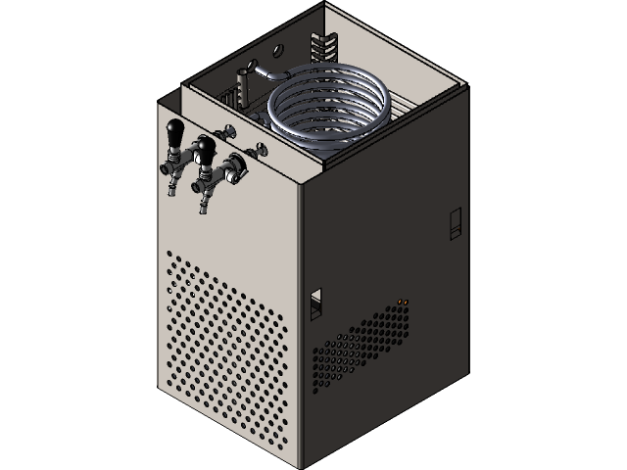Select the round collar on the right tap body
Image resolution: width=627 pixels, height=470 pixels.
tap(236, 172)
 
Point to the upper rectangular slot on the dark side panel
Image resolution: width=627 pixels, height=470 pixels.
tap(454, 224)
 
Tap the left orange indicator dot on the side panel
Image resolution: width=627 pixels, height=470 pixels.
tap(401, 300)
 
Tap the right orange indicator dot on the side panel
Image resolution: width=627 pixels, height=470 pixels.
tap(408, 300)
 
